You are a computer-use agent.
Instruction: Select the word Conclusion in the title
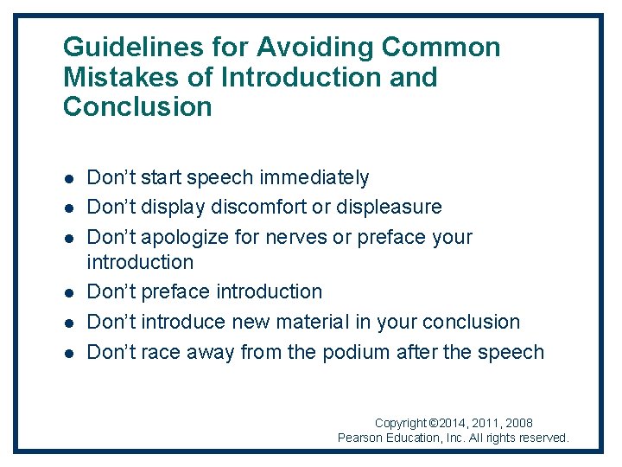pos(137,107)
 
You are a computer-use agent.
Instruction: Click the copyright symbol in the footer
pos(435,424)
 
